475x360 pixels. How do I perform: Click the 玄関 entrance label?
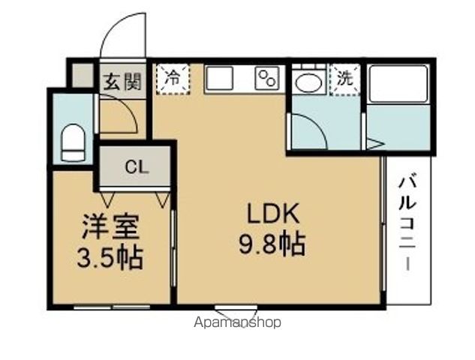[x=122, y=81]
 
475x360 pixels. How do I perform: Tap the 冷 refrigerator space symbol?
[x=173, y=77]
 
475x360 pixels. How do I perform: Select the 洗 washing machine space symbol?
[x=344, y=78]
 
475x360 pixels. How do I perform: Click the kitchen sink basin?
[x=220, y=79]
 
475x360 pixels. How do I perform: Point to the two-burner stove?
[x=266, y=79]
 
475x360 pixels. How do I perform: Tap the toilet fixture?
[x=73, y=142]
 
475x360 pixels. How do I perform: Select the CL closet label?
[x=136, y=166]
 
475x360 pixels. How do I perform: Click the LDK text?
[x=275, y=214]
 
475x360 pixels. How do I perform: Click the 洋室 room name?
[x=110, y=226]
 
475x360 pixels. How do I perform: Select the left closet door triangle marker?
[x=108, y=199]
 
